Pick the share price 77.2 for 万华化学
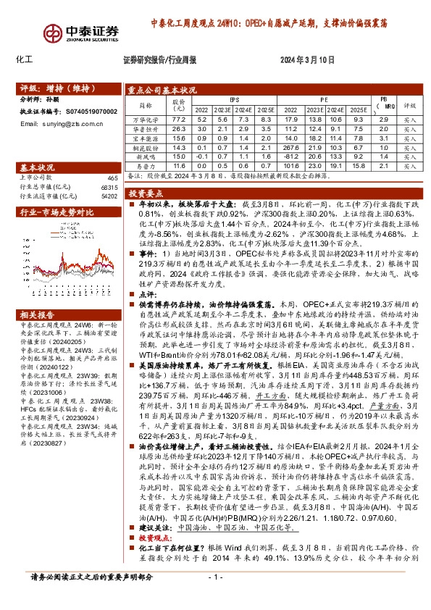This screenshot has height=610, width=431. coord(180,120)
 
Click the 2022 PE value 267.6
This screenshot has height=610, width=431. coord(292,147)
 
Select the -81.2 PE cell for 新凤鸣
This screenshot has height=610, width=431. coord(292,156)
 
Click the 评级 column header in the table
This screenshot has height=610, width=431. coord(409,105)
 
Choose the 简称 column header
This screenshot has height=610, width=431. coord(148,105)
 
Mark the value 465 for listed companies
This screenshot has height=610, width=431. coord(112,177)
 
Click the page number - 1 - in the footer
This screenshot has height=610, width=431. coord(214,596)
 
